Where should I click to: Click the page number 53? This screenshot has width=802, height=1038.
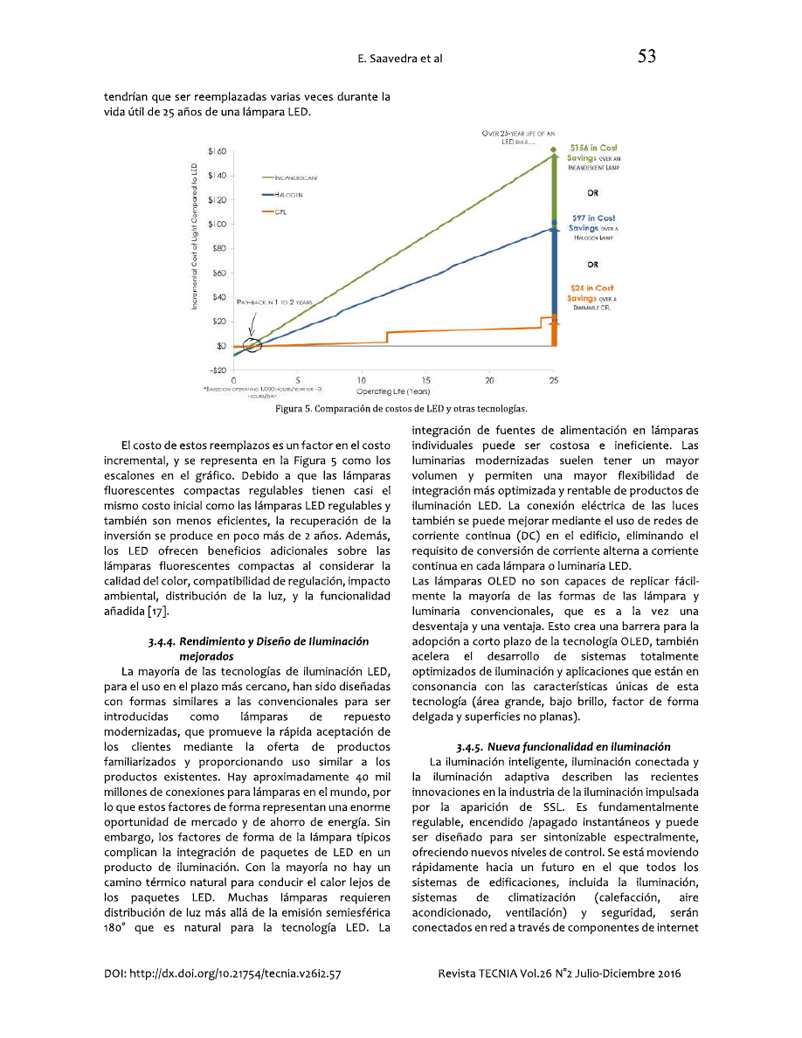tap(646, 58)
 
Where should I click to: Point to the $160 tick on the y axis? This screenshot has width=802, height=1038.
tap(218, 152)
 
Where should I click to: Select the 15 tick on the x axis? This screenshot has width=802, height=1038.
tap(425, 381)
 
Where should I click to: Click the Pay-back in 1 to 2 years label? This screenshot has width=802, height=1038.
tap(274, 301)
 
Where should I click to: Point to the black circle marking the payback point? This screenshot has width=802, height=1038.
tap(252, 344)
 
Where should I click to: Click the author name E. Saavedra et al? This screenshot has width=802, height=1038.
tap(400, 59)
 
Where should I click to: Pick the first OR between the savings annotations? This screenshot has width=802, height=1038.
tap(592, 193)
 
